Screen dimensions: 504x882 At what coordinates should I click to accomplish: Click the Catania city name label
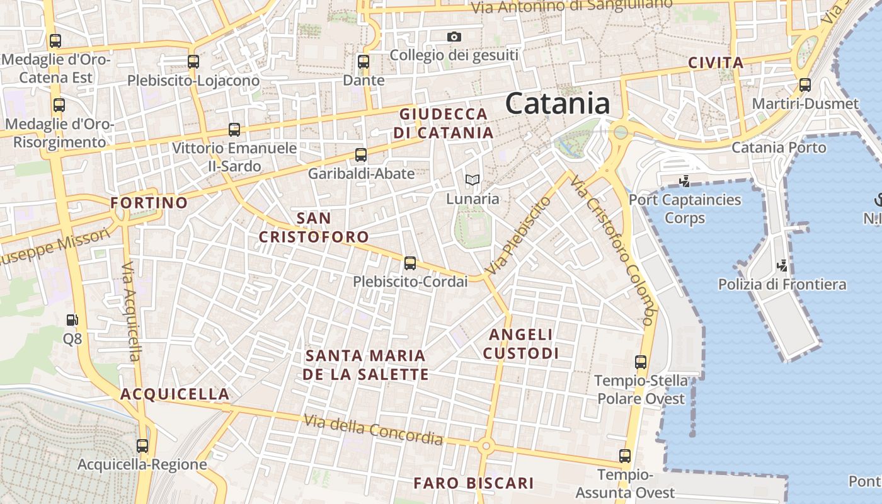click(558, 103)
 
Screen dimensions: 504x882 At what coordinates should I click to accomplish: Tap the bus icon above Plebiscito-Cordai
click(410, 263)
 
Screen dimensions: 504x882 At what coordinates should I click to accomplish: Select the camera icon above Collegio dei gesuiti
click(454, 37)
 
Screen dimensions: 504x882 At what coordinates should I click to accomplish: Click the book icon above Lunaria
click(472, 180)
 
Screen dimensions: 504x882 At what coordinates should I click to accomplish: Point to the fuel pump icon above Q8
click(72, 320)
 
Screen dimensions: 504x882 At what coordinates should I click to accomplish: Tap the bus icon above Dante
click(364, 62)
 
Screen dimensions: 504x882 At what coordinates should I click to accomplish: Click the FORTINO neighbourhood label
click(149, 203)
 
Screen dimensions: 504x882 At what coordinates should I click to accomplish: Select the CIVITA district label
click(716, 63)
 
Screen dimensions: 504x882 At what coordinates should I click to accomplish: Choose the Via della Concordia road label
click(373, 429)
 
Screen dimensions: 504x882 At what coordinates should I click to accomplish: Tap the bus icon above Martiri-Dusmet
click(805, 85)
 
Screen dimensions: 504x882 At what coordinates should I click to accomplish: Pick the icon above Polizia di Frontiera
click(782, 265)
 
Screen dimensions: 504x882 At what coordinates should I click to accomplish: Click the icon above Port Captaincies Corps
click(684, 181)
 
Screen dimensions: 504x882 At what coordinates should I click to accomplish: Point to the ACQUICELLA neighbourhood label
click(175, 394)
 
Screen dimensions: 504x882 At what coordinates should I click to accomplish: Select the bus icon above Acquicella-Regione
click(142, 446)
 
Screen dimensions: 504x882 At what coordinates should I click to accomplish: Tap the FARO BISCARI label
click(474, 483)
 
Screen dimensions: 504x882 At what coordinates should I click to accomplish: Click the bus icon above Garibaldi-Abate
click(361, 154)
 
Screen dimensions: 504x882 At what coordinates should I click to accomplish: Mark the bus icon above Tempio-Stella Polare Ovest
click(641, 362)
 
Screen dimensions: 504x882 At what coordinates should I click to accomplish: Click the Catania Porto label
click(779, 147)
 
